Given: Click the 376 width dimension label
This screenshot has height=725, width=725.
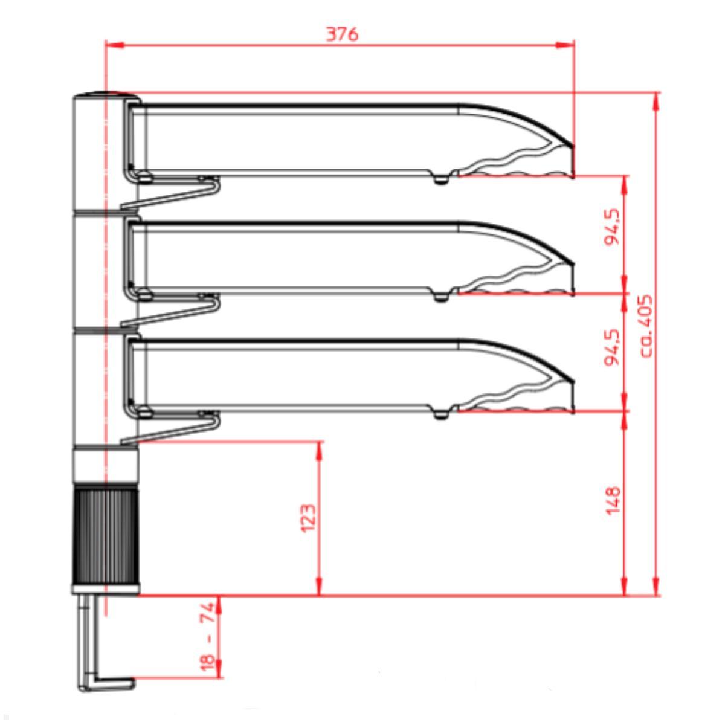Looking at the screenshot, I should (x=342, y=34).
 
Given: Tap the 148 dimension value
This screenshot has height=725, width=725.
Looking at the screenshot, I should (x=613, y=500).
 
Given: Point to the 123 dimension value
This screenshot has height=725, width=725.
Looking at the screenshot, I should (x=308, y=518).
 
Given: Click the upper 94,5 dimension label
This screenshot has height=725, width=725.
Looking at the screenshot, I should (x=613, y=227).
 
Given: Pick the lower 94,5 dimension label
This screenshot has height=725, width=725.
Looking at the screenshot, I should (x=613, y=347).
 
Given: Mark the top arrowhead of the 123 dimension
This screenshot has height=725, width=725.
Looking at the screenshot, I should (x=319, y=449).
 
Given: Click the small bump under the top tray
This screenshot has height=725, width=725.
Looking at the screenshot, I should (x=442, y=179).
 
